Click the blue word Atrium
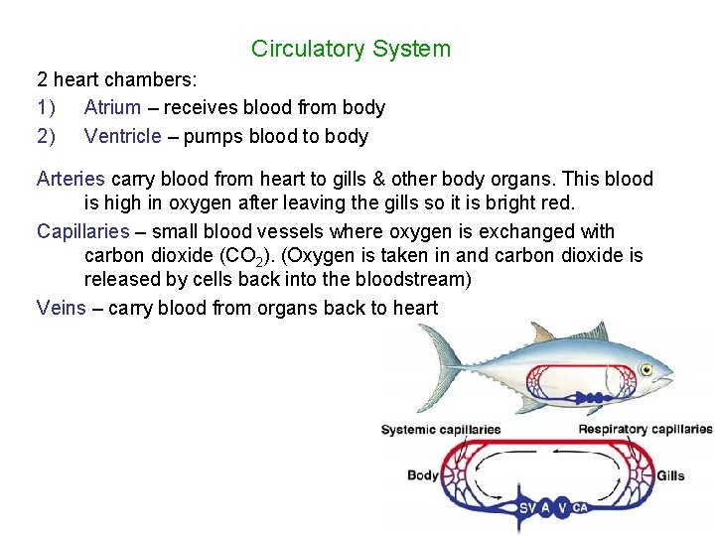tap(112, 107)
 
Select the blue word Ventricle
tap(122, 136)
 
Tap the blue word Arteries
tap(71, 179)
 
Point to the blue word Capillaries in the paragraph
tap(83, 231)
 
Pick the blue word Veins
tap(61, 307)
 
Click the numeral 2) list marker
tap(46, 136)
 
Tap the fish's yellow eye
tap(646, 370)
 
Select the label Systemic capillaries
tap(441, 430)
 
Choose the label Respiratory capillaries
tap(645, 430)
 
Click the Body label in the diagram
tap(423, 474)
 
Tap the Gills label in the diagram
tap(670, 475)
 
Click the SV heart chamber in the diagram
tap(527, 508)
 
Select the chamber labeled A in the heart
tap(545, 508)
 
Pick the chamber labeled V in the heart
tap(563, 508)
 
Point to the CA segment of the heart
tap(580, 508)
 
